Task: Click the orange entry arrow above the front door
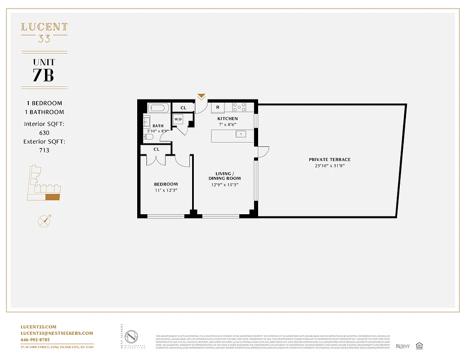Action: pos(201,96)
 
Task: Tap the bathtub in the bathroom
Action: pos(158,108)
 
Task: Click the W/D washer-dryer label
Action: pos(178,120)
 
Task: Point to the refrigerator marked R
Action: pos(218,108)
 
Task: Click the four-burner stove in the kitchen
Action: pos(239,108)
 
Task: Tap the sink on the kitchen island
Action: pos(241,134)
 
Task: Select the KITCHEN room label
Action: pos(228,118)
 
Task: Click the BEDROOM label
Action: pos(165,184)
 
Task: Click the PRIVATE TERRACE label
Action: pos(329,160)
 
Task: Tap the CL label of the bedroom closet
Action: pos(156,149)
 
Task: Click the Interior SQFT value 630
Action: pos(44,133)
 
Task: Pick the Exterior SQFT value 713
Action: pos(44,150)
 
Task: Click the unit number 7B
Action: pos(44,75)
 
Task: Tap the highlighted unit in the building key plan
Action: pos(53,196)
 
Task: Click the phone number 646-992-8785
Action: pos(36,340)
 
